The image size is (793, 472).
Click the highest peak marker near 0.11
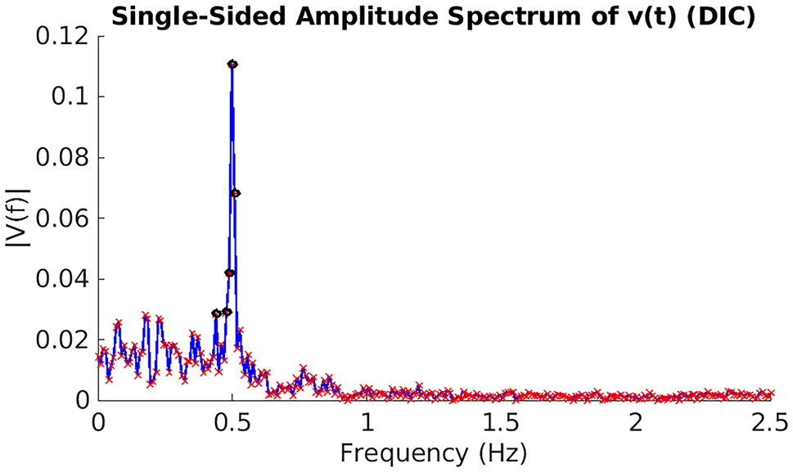[x=232, y=64]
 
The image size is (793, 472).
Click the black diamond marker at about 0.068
[x=235, y=193]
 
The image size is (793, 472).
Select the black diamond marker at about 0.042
[x=230, y=273]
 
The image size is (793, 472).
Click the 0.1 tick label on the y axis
[x=70, y=97]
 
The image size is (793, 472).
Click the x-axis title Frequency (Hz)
[x=434, y=452]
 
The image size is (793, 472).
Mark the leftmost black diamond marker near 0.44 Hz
[x=216, y=313]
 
